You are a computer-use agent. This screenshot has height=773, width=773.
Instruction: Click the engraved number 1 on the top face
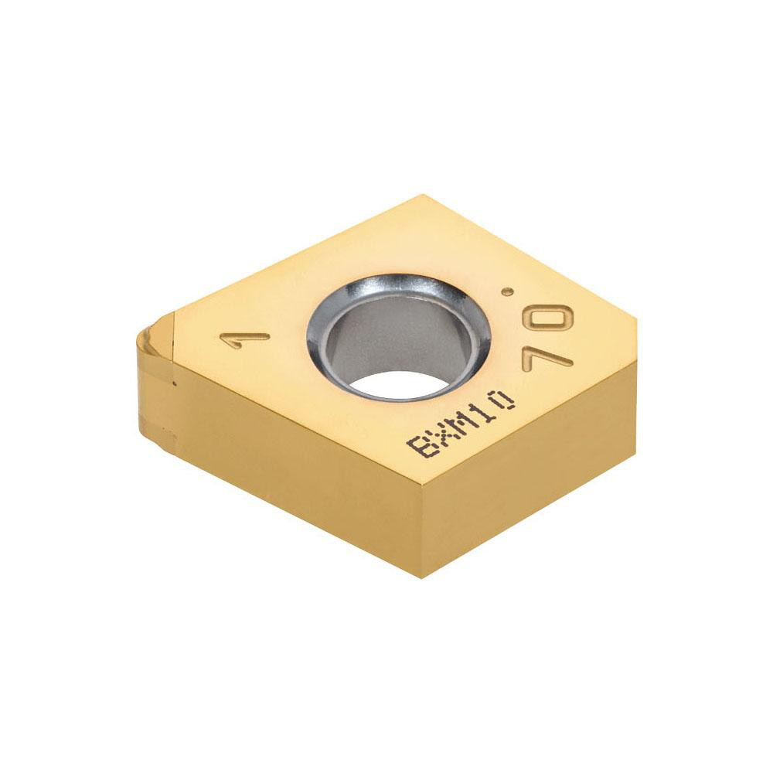(245, 339)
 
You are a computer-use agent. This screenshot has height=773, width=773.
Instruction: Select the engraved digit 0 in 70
(557, 317)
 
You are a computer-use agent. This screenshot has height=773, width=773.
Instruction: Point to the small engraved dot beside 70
(507, 291)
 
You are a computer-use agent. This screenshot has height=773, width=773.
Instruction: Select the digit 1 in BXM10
(485, 408)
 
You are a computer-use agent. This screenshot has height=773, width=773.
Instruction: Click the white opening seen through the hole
(394, 383)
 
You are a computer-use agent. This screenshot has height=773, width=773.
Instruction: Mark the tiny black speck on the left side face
(175, 383)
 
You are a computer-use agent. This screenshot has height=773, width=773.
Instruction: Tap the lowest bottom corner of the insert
(422, 576)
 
